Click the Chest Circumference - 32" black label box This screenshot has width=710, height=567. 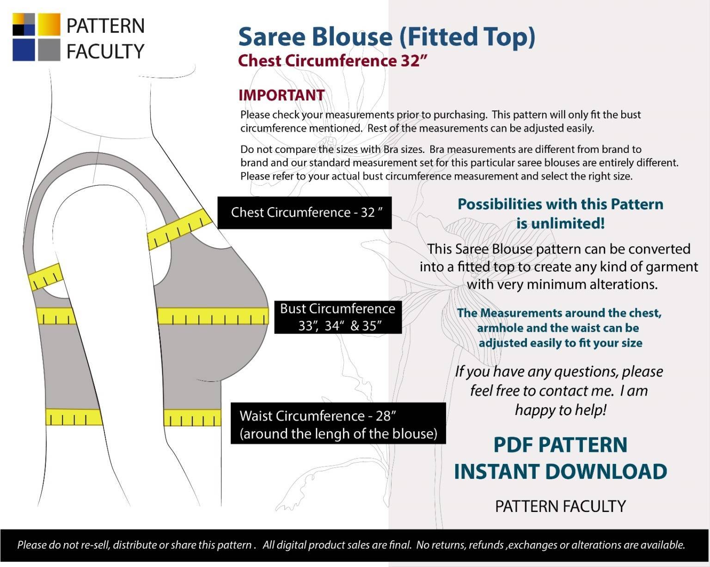[305, 213]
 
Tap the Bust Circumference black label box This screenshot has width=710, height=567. [338, 317]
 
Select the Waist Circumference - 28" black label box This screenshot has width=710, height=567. [338, 423]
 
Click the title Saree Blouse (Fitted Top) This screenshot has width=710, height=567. [387, 37]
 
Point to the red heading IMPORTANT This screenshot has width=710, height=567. [282, 95]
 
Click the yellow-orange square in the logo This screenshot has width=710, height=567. [49, 24]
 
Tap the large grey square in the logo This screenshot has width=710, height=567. [49, 50]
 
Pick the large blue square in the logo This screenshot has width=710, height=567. [24, 50]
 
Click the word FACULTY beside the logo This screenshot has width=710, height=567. [105, 51]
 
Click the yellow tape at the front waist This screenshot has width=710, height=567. [192, 418]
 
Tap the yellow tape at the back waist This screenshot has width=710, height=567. [74, 417]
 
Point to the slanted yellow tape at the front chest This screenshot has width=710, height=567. [180, 229]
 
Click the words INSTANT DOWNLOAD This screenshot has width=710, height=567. [561, 471]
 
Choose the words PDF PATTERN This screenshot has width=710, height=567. [561, 445]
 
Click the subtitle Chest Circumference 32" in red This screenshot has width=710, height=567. [332, 61]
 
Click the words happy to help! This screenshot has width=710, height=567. [561, 410]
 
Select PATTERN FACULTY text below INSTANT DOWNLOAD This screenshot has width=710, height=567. [561, 506]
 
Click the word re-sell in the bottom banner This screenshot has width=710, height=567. [95, 544]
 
